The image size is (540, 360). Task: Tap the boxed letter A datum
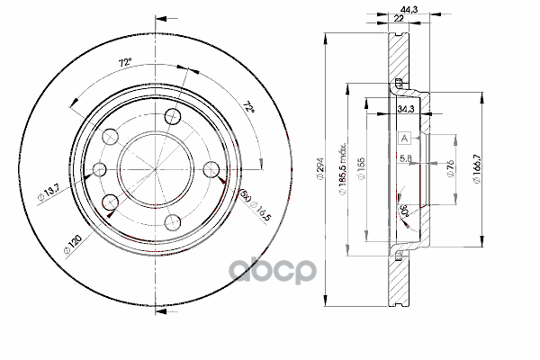tap(404, 138)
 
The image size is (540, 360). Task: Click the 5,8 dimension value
tap(406, 159)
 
